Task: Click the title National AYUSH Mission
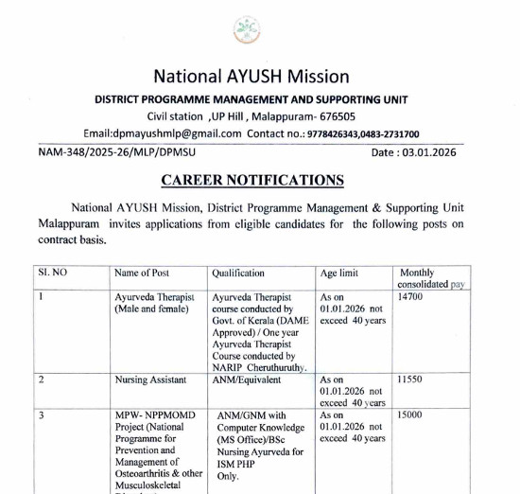pyautogui.click(x=251, y=77)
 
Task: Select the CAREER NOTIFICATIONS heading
pyautogui.click(x=252, y=180)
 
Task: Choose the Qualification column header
pyautogui.click(x=238, y=273)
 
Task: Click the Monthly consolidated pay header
pyautogui.click(x=431, y=278)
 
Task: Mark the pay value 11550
pyautogui.click(x=410, y=379)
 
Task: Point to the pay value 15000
pyautogui.click(x=410, y=415)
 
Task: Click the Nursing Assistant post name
pyautogui.click(x=151, y=379)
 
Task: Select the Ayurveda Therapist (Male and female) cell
pyautogui.click(x=151, y=303)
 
